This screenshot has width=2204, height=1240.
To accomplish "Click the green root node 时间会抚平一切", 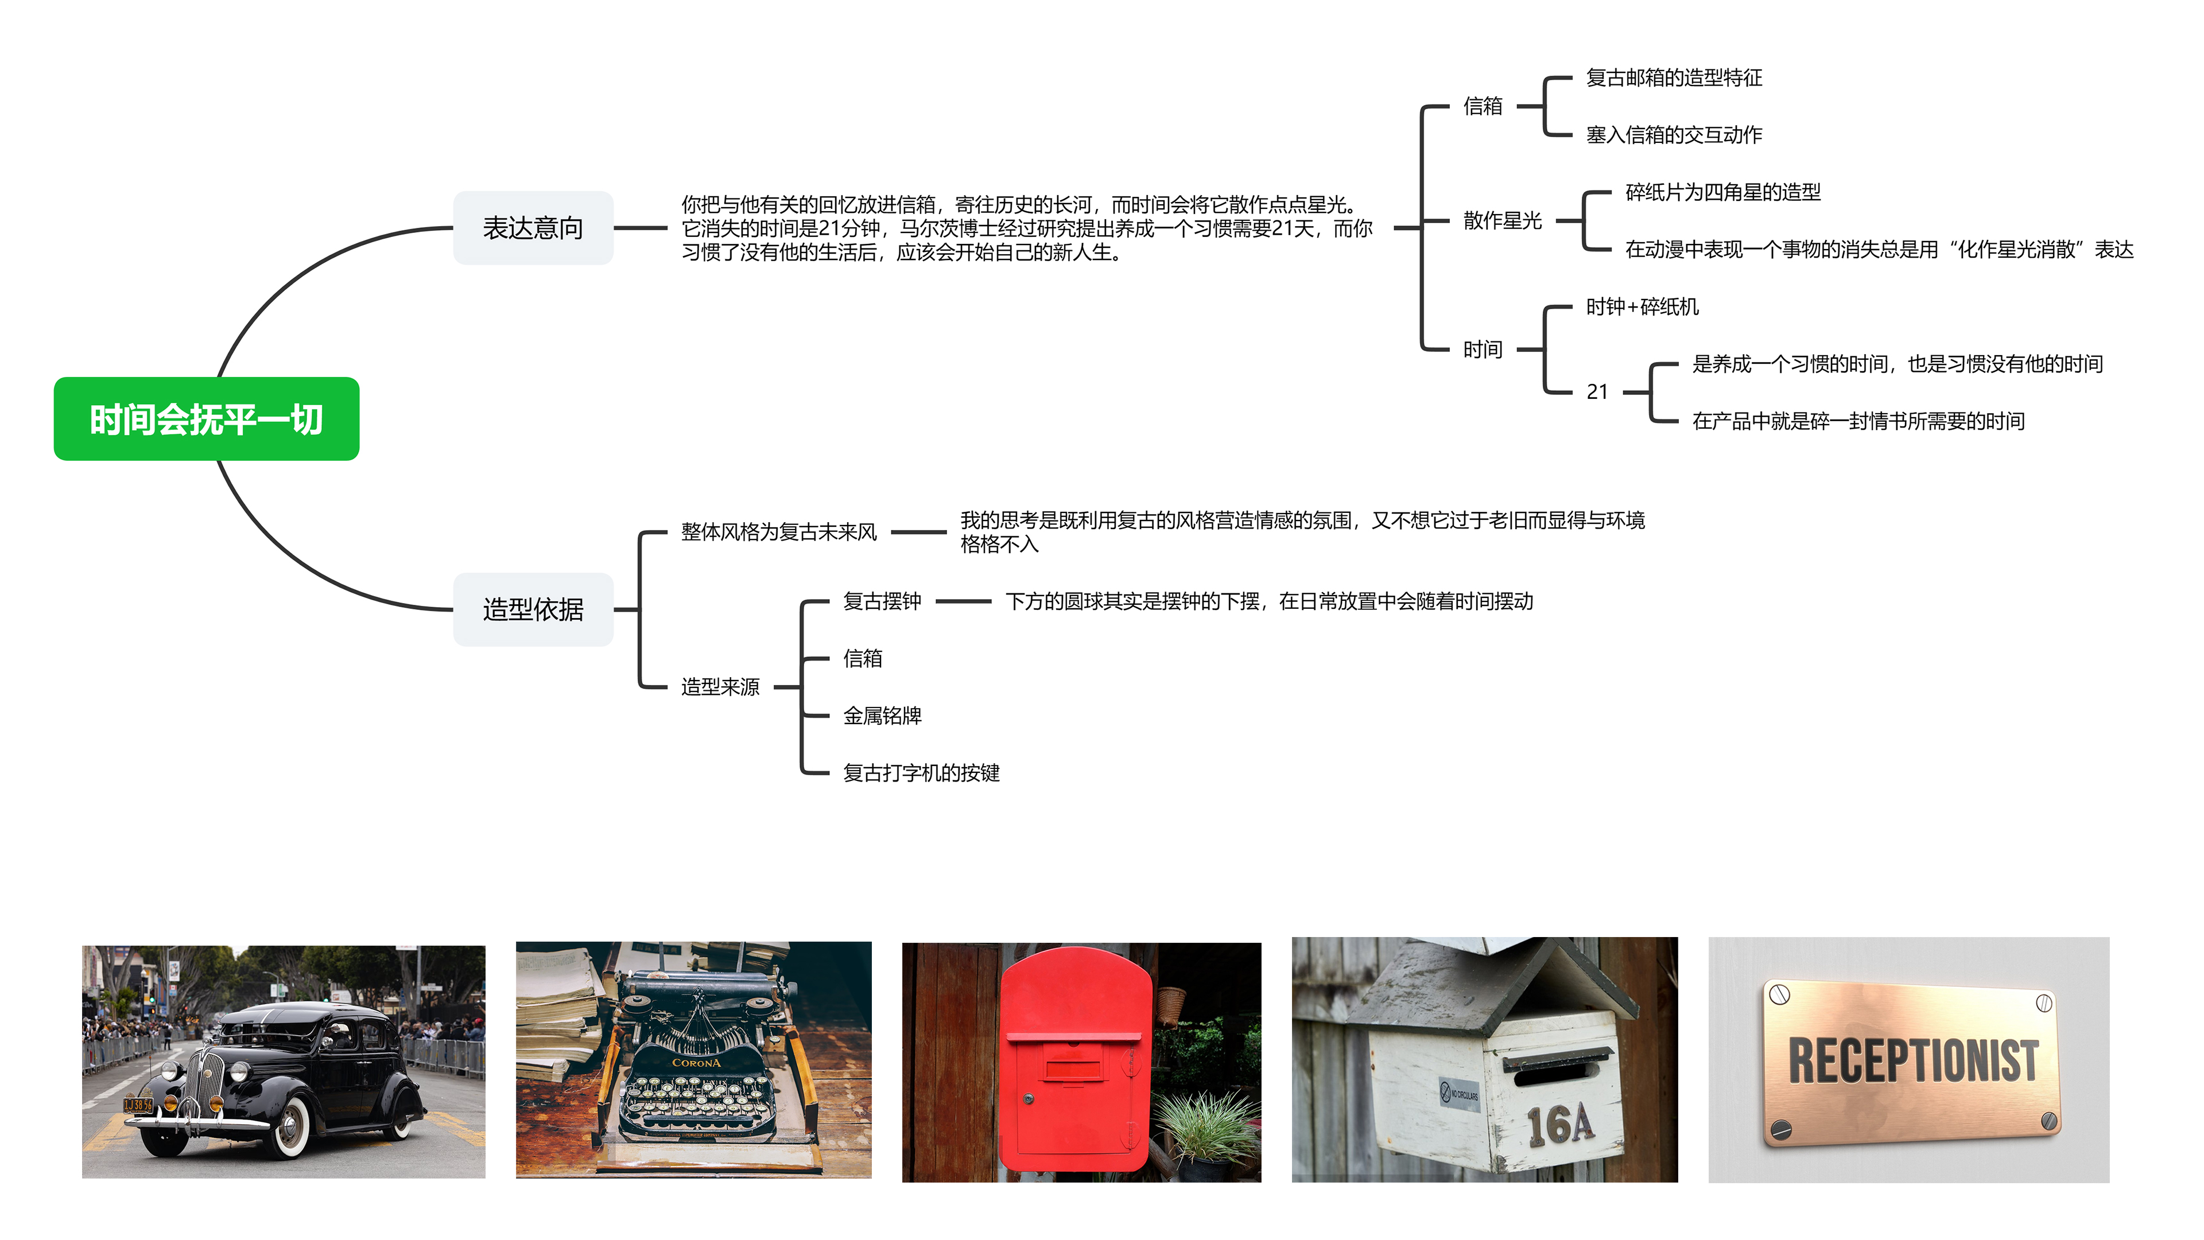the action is (x=206, y=419).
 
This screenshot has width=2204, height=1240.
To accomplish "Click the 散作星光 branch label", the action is (x=1503, y=221).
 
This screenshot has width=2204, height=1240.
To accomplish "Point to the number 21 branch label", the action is (x=1597, y=392).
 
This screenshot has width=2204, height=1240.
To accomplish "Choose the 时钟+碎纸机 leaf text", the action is (x=1643, y=306).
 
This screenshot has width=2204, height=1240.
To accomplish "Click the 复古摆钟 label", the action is (x=882, y=601).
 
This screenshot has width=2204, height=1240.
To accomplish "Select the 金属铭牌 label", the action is (x=882, y=716).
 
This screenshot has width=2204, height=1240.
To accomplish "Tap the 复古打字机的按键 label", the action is (x=921, y=773).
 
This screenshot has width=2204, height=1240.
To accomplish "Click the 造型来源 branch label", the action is (x=720, y=687).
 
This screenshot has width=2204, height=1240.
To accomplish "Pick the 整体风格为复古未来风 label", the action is (x=779, y=532).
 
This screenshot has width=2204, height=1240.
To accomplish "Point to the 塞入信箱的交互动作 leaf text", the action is (x=1674, y=134).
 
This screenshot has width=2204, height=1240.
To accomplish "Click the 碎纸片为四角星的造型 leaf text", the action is (x=1723, y=192).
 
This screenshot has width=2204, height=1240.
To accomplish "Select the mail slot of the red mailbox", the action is (x=1074, y=1068).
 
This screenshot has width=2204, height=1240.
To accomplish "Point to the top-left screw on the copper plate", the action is (x=1780, y=994).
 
